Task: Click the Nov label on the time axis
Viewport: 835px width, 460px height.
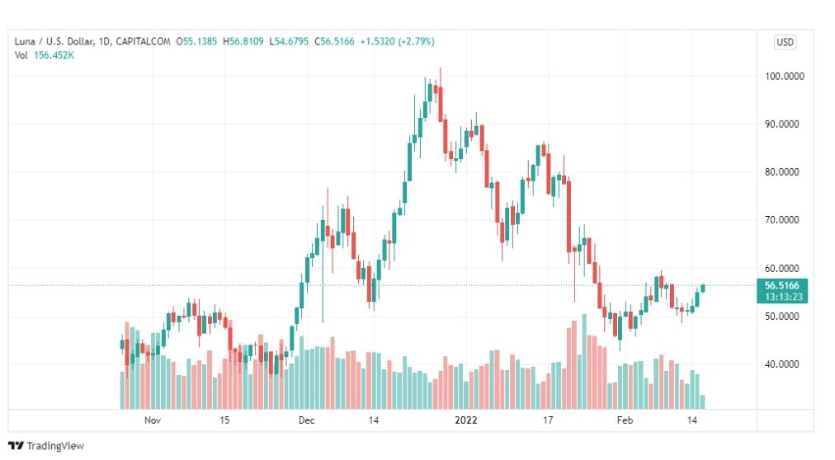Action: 152,420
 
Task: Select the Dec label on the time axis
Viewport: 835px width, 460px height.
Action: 307,420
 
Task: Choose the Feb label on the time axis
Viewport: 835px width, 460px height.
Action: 624,420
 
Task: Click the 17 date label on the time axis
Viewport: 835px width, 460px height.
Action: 547,420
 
